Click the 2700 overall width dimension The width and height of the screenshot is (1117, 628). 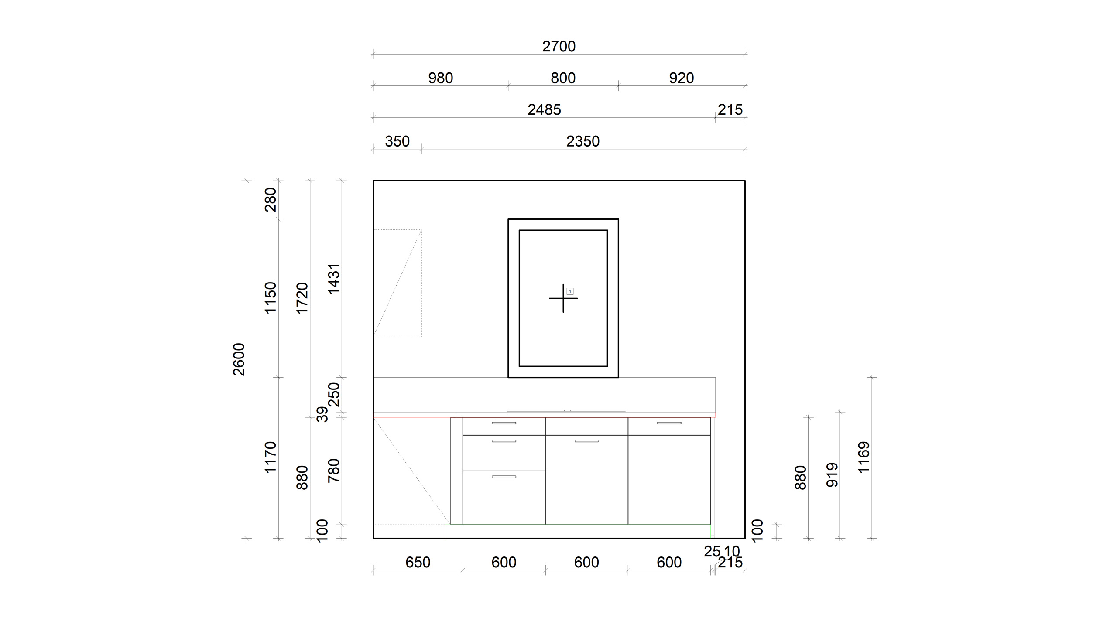coord(558,46)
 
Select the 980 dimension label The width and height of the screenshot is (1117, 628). coord(440,78)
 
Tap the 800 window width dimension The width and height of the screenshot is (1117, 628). coord(563,78)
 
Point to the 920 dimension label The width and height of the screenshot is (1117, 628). coord(681,78)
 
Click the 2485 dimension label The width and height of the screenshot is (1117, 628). coord(544,109)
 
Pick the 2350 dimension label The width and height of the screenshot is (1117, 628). coord(583,141)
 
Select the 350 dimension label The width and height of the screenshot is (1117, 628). coord(397,141)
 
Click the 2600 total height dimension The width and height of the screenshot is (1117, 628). coord(239,359)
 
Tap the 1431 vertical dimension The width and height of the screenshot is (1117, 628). coord(334,279)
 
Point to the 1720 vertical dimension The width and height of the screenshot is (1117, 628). coord(302,298)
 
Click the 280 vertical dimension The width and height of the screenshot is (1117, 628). coord(271,200)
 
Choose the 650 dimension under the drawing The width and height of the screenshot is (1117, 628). coord(418,563)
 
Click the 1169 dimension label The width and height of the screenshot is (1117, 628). coord(864,457)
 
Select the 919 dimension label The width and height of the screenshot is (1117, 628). coord(833,475)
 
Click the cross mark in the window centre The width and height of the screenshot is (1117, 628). coord(563,298)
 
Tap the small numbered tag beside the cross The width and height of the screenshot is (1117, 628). coord(570,291)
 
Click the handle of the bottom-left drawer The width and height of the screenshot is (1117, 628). coord(504,477)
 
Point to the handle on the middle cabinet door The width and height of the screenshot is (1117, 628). coord(586,441)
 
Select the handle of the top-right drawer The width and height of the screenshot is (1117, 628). coord(669,423)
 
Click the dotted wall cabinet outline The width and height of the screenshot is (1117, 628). coord(421,283)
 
